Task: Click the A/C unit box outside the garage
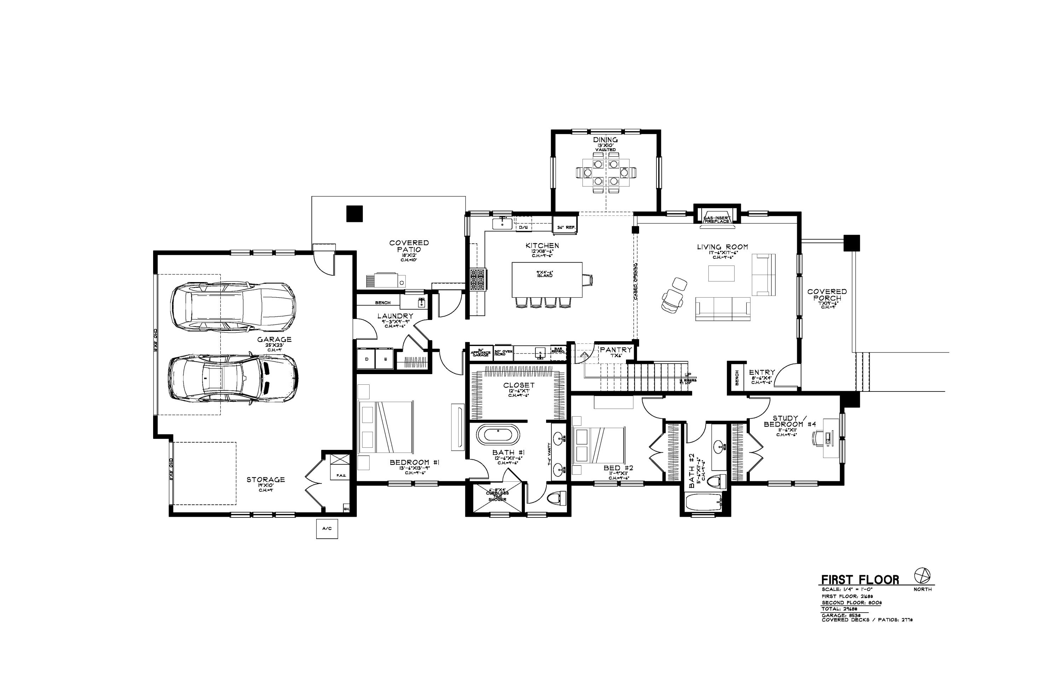click(x=327, y=529)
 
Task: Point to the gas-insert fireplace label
click(x=717, y=219)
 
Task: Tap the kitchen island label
click(x=544, y=274)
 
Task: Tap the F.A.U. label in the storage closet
click(x=341, y=475)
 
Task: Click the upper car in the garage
click(x=233, y=306)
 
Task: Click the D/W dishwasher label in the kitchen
click(x=523, y=228)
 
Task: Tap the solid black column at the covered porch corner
click(x=852, y=243)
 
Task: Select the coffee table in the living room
click(x=721, y=274)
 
